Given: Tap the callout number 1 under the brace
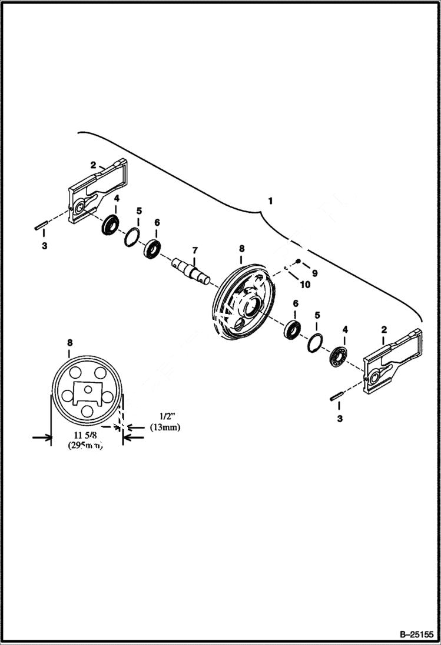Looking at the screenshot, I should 270,201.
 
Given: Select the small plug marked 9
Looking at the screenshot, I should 299,261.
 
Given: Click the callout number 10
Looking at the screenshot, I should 305,285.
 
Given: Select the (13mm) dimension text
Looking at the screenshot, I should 165,427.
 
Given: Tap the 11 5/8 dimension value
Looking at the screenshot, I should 85,436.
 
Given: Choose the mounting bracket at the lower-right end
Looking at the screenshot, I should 391,363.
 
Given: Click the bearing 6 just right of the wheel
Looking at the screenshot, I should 293,329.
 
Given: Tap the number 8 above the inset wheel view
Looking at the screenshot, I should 70,342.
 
